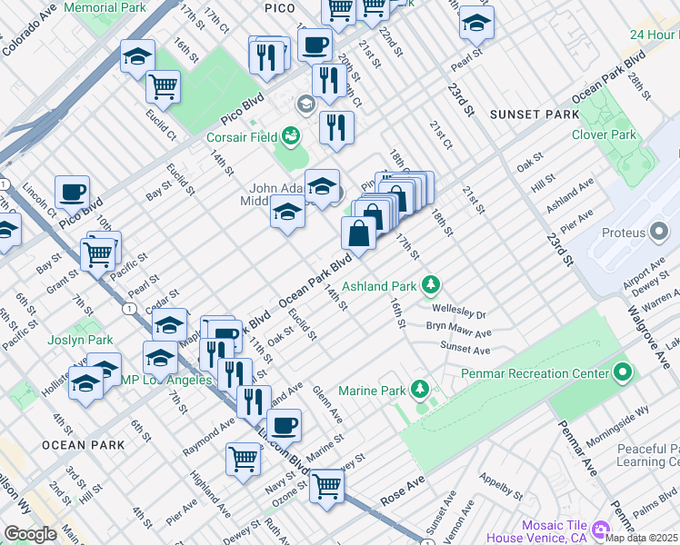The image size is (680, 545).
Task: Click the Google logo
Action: [30, 533]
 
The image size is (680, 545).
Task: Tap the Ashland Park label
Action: [378, 286]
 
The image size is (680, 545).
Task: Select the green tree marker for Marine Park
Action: [419, 390]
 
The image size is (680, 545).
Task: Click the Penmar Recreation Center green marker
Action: [622, 372]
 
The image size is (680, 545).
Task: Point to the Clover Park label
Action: [604, 134]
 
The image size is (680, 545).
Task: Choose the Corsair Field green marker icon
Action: [291, 137]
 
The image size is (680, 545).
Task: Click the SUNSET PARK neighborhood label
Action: [534, 114]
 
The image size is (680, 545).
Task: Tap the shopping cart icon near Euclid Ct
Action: [163, 86]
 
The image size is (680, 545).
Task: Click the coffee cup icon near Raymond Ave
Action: [284, 423]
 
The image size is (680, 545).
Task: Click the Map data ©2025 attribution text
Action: [642, 537]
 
